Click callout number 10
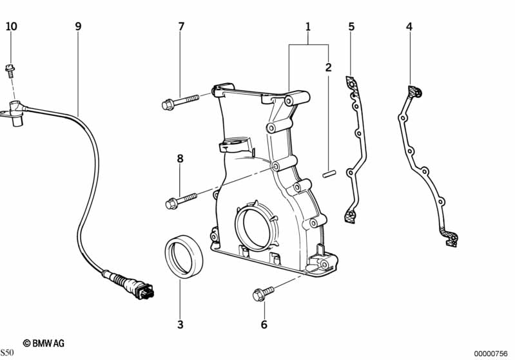point(12,26)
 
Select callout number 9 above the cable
point(78,26)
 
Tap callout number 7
point(181,26)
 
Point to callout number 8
point(180,158)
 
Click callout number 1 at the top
point(308,26)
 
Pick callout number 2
point(328,67)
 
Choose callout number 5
point(351,26)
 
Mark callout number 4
point(409,26)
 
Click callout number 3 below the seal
point(180,324)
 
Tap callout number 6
point(264,325)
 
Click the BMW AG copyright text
point(43,343)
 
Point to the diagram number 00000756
point(491,353)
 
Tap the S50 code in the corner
point(7,353)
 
